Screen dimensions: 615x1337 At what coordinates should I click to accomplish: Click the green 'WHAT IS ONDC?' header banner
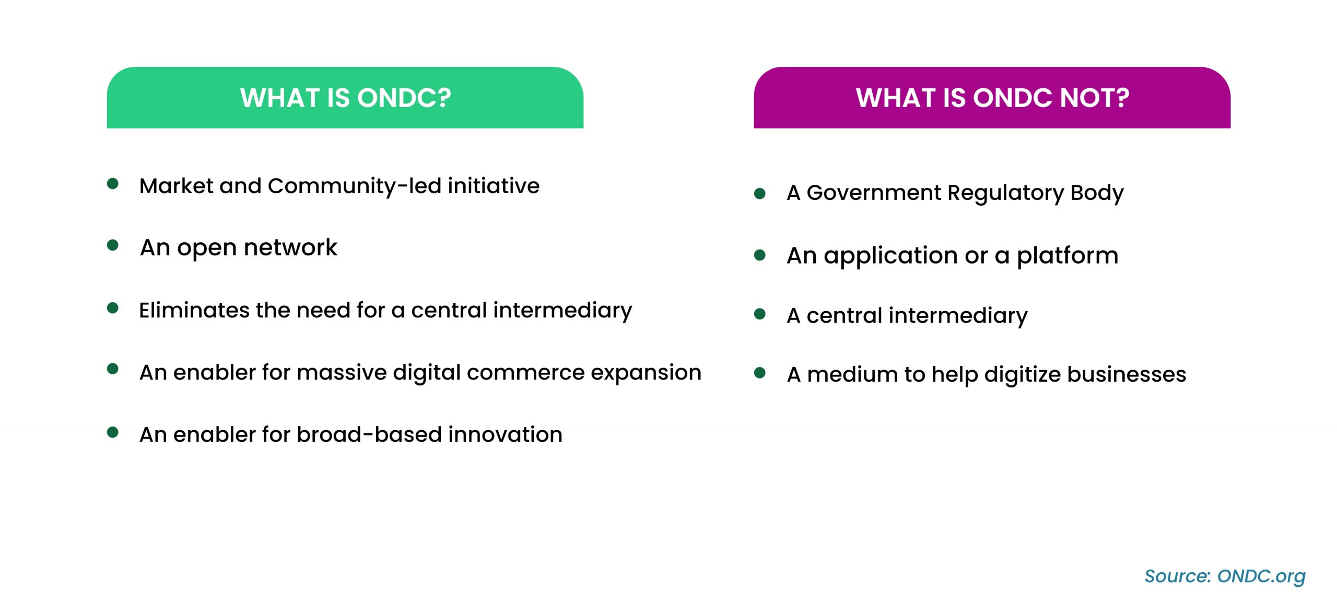coord(345,98)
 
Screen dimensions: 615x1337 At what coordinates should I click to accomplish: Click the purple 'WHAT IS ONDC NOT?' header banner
coord(992,98)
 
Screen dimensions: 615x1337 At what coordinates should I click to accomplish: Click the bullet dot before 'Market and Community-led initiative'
coord(112,184)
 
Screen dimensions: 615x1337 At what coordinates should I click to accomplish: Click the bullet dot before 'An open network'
coord(112,245)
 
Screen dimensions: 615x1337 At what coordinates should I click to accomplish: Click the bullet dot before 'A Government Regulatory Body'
coord(760,194)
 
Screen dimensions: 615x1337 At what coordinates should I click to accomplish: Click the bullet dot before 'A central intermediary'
coord(760,314)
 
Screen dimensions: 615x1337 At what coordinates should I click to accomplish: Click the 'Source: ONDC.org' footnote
coord(1225,576)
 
